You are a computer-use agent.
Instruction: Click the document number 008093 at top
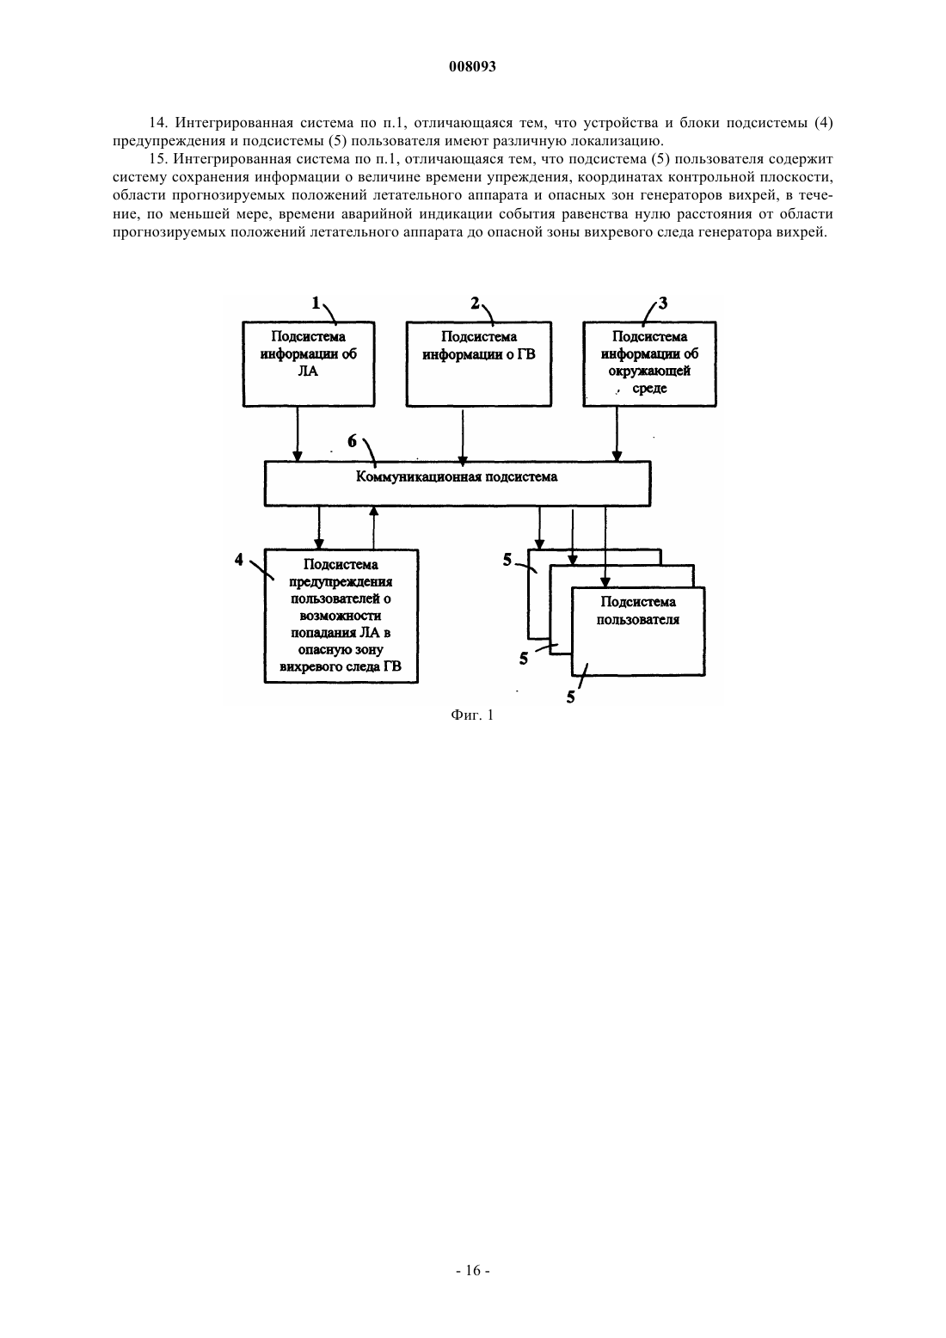472,66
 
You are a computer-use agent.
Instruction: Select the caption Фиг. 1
472,715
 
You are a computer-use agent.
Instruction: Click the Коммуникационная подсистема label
457,476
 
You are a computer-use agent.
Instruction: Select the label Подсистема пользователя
638,611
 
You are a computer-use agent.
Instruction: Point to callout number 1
316,304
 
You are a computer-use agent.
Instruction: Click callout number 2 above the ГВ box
475,304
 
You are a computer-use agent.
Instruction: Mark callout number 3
662,304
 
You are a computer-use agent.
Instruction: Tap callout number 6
352,441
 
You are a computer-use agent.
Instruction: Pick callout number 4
239,560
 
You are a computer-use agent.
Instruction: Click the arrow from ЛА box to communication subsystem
298,434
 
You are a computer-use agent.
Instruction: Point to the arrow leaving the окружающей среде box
617,434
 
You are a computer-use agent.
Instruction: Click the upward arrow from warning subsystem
374,528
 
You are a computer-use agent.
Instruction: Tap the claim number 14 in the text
157,123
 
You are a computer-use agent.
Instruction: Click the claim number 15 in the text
157,159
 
